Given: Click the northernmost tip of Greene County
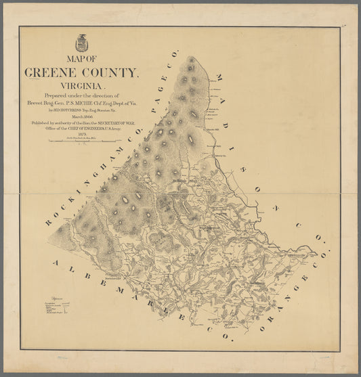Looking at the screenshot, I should click(x=192, y=57).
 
